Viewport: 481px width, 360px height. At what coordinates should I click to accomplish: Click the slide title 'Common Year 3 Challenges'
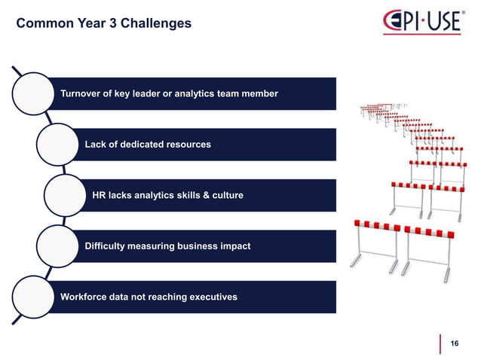pyautogui.click(x=103, y=24)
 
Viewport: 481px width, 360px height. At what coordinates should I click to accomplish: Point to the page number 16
pyautogui.click(x=454, y=343)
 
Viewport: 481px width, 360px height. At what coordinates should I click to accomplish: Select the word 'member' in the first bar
pyautogui.click(x=259, y=93)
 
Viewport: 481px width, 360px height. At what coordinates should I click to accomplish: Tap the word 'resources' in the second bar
pyautogui.click(x=187, y=144)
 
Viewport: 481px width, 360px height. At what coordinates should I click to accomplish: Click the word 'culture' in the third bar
pyautogui.click(x=226, y=196)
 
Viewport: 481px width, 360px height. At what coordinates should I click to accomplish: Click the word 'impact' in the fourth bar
pyautogui.click(x=234, y=246)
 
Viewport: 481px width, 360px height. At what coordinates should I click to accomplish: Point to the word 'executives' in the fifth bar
pyautogui.click(x=212, y=297)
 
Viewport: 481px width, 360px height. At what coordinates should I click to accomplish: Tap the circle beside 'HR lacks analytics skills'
pyautogui.click(x=66, y=196)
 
